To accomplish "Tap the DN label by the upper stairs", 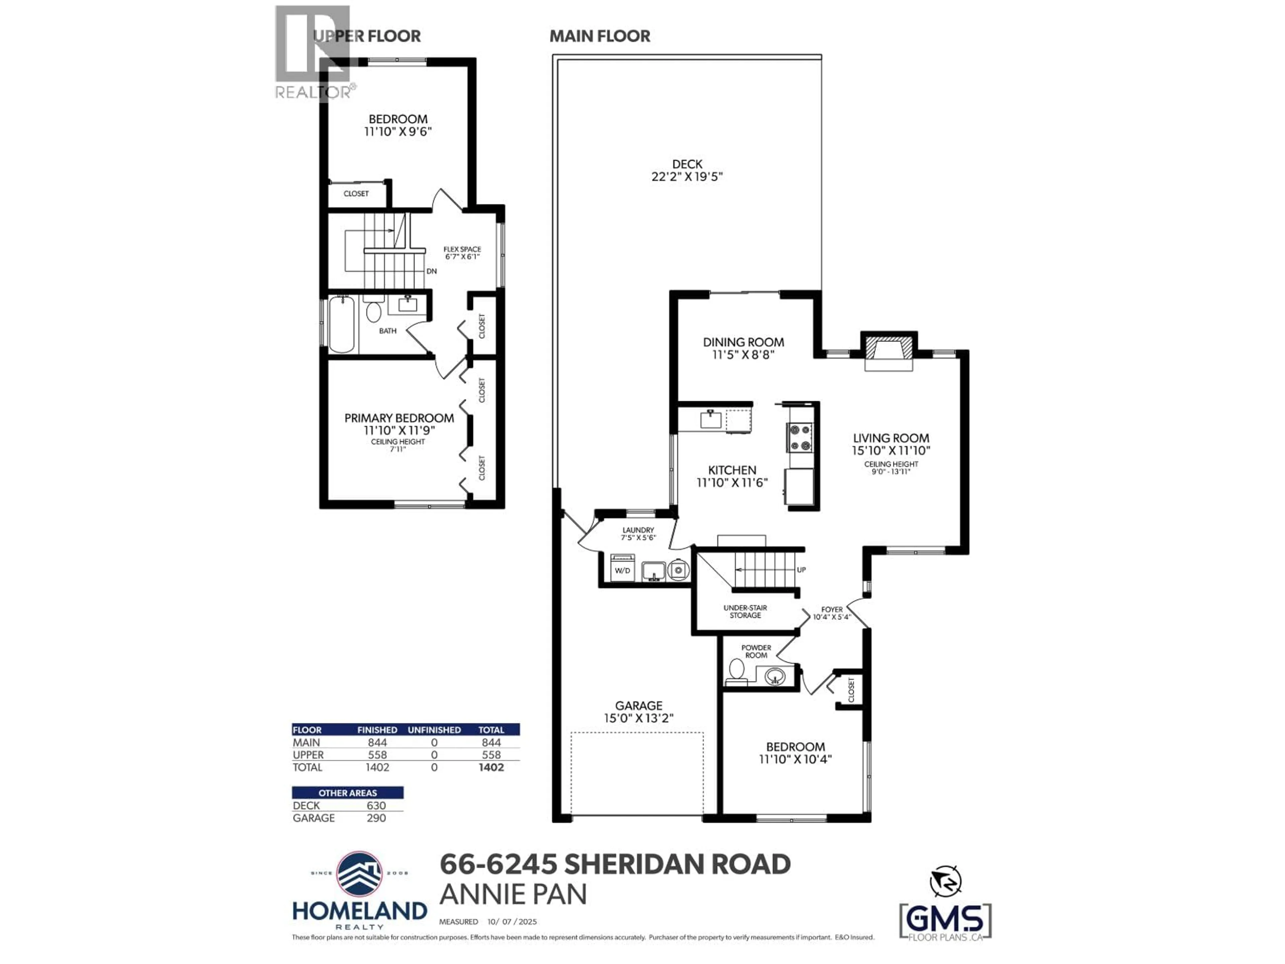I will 432,271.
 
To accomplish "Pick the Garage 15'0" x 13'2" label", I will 638,712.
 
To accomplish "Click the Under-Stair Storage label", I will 745,611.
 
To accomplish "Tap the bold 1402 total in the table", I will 491,767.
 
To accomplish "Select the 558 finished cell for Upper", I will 377,755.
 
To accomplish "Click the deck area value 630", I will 376,805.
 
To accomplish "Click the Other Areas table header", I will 347,793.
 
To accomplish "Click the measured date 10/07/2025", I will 512,921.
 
